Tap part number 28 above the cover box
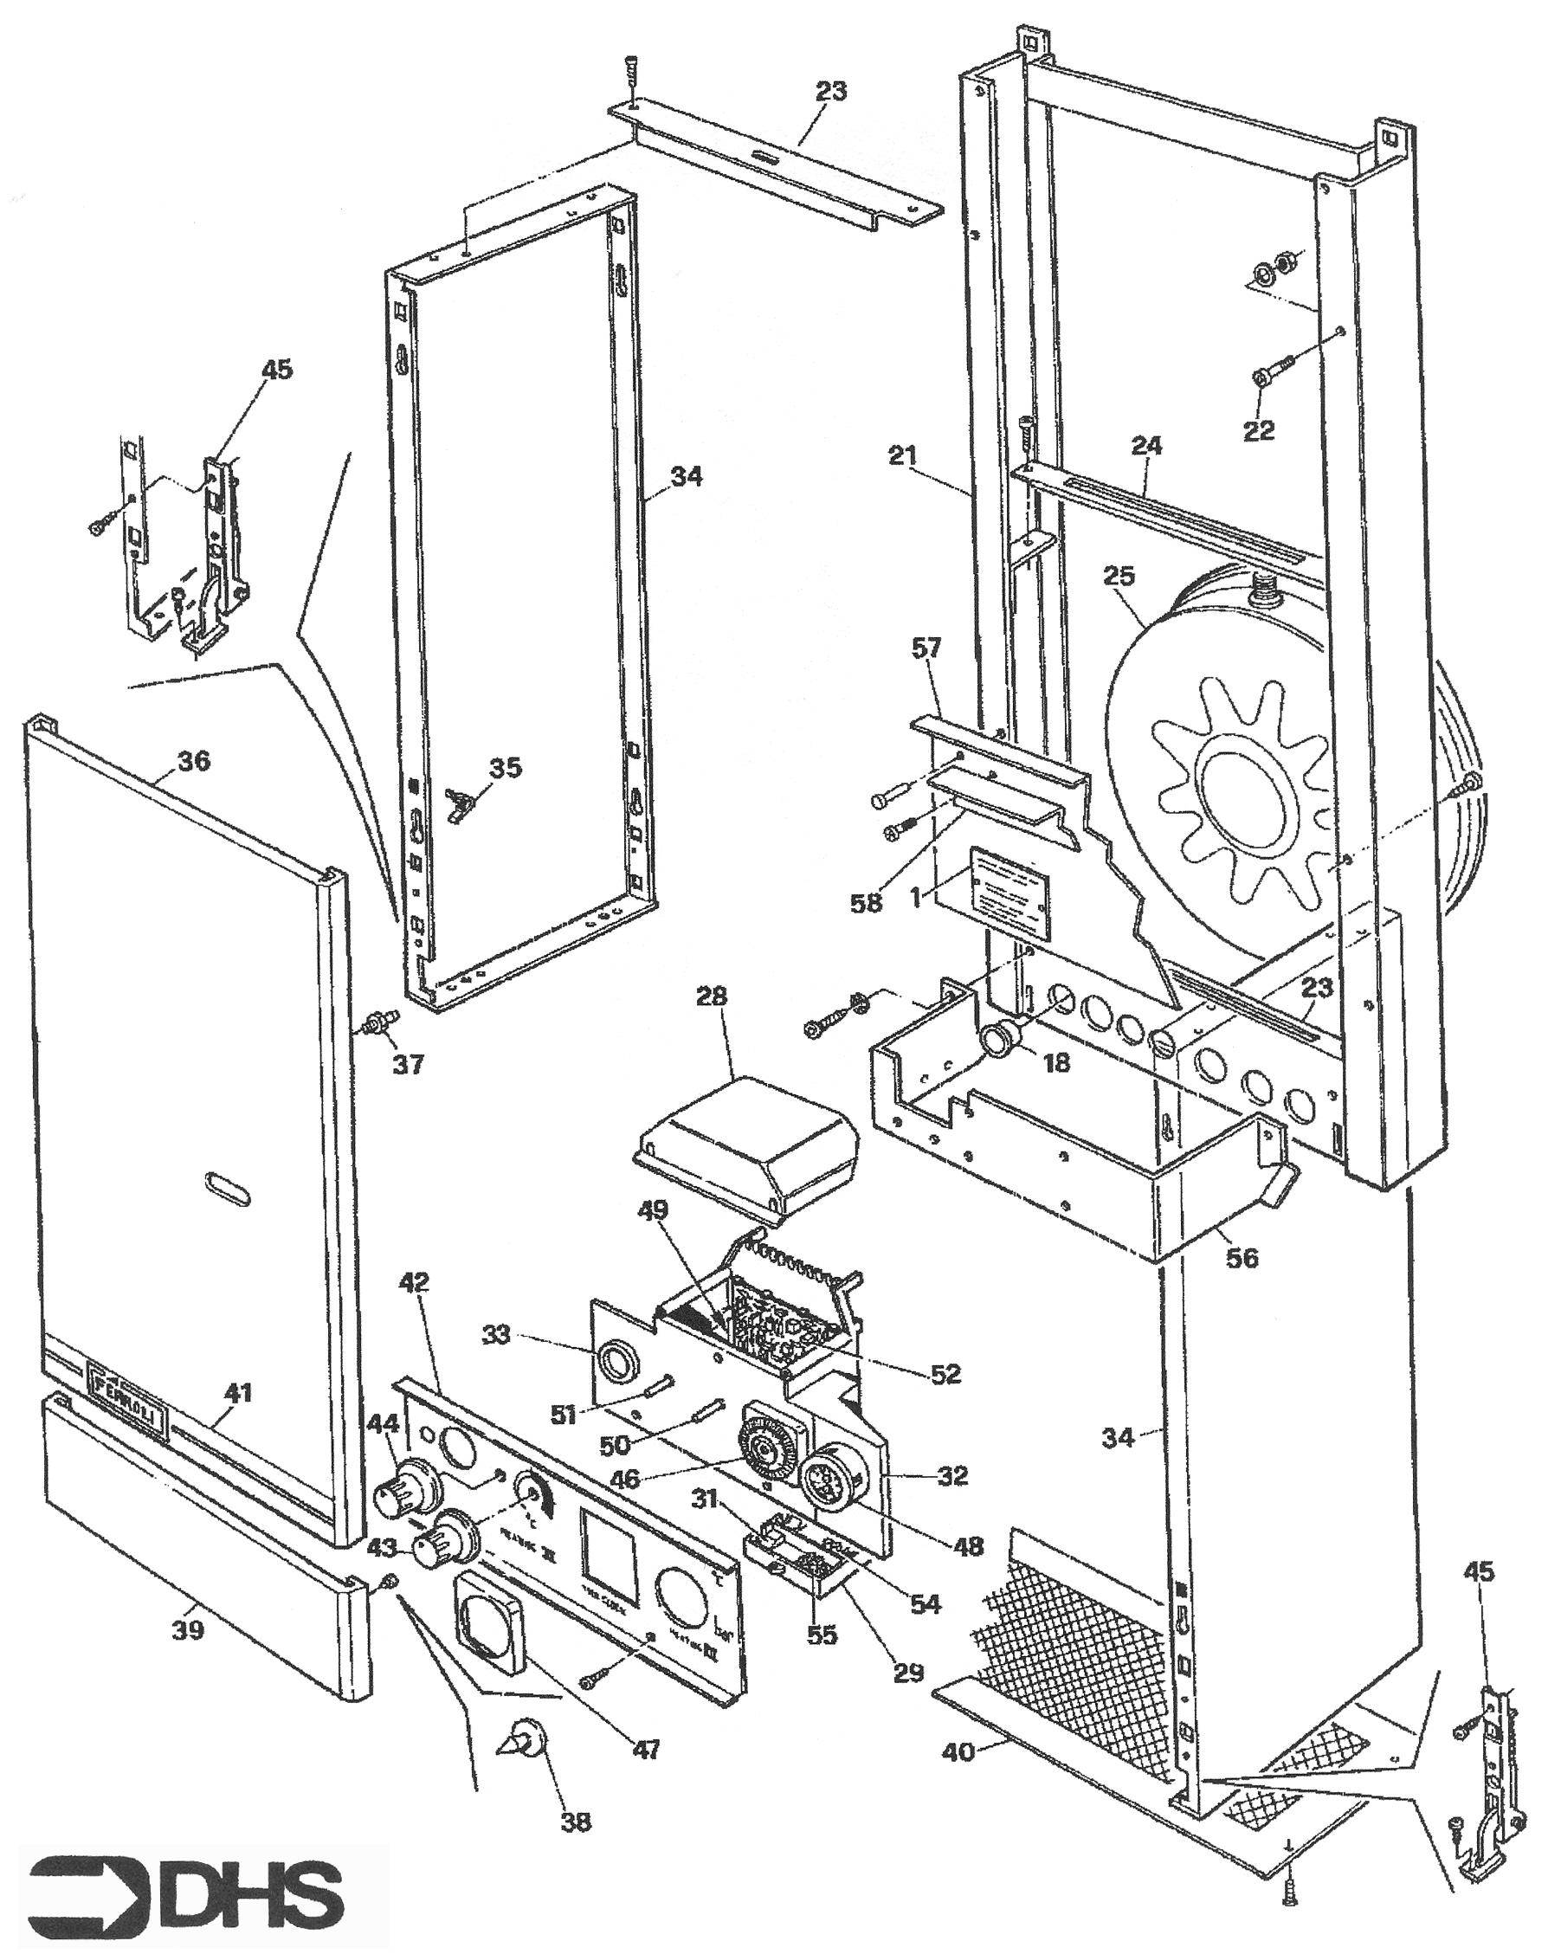tap(712, 997)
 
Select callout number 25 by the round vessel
tap(1119, 577)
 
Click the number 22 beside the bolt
tap(1258, 430)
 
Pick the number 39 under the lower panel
tap(188, 1629)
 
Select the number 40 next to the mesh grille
tap(958, 1752)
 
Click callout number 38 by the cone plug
tap(577, 1821)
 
